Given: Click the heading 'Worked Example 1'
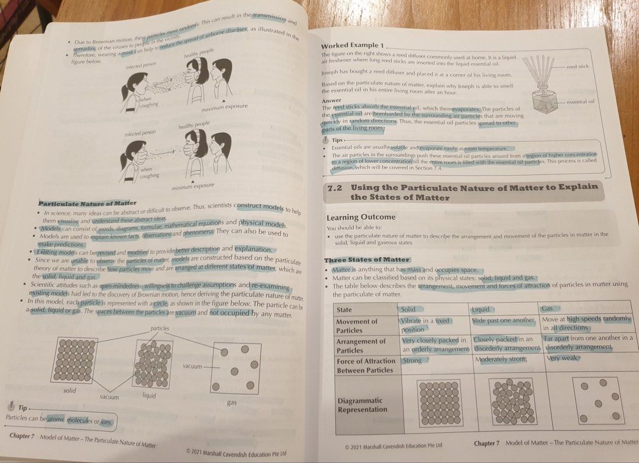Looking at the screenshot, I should (352, 46).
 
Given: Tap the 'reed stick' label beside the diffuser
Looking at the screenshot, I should (578, 67).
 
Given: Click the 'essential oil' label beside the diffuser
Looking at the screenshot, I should (580, 102).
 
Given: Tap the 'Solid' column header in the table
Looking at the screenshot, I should (408, 309).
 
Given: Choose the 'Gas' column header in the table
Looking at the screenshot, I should (548, 309).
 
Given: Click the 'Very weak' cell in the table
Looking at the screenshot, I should (561, 358).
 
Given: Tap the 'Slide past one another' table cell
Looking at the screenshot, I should (504, 320).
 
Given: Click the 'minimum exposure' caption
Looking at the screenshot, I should (192, 187).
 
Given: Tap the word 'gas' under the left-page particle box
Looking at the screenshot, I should (231, 403).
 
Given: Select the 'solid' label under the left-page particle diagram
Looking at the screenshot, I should (70, 390).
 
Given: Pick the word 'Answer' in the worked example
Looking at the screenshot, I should (331, 101).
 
